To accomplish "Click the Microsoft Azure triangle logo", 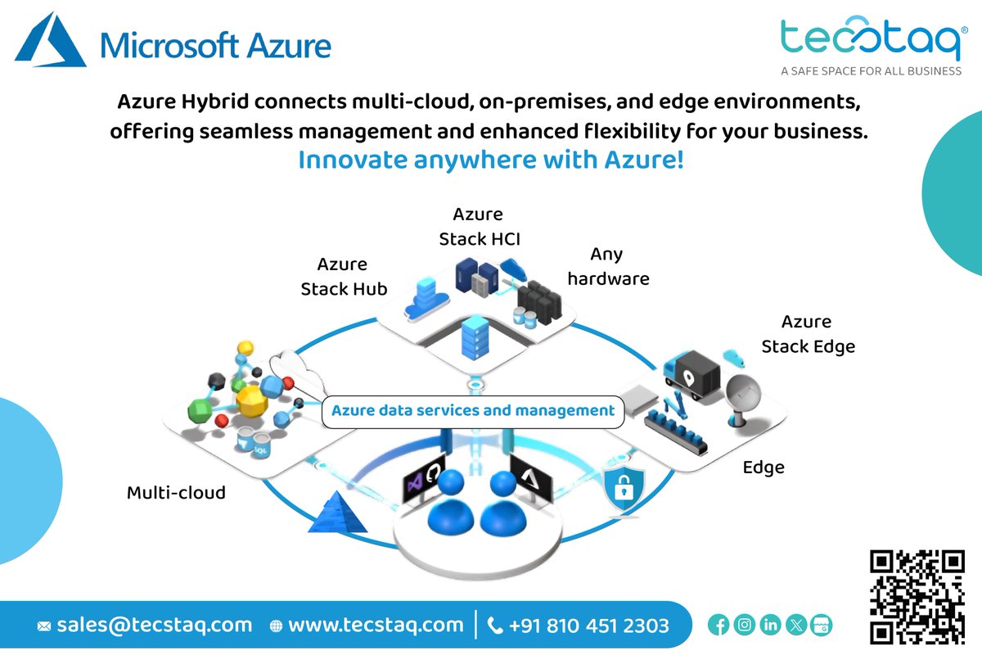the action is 52,41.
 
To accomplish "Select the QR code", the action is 916,596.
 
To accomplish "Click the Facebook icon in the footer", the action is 718,626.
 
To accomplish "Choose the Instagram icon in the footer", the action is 745,626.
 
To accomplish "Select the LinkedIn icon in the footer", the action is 770,626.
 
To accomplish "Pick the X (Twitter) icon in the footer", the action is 796,626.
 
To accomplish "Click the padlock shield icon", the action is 623,488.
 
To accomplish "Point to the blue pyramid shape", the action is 337,513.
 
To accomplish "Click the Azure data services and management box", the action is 473,411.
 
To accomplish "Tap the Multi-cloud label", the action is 176,493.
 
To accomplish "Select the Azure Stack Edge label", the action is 808,334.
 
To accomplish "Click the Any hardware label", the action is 608,267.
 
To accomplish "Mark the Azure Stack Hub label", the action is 344,277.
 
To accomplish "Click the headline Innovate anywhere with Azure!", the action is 491,160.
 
